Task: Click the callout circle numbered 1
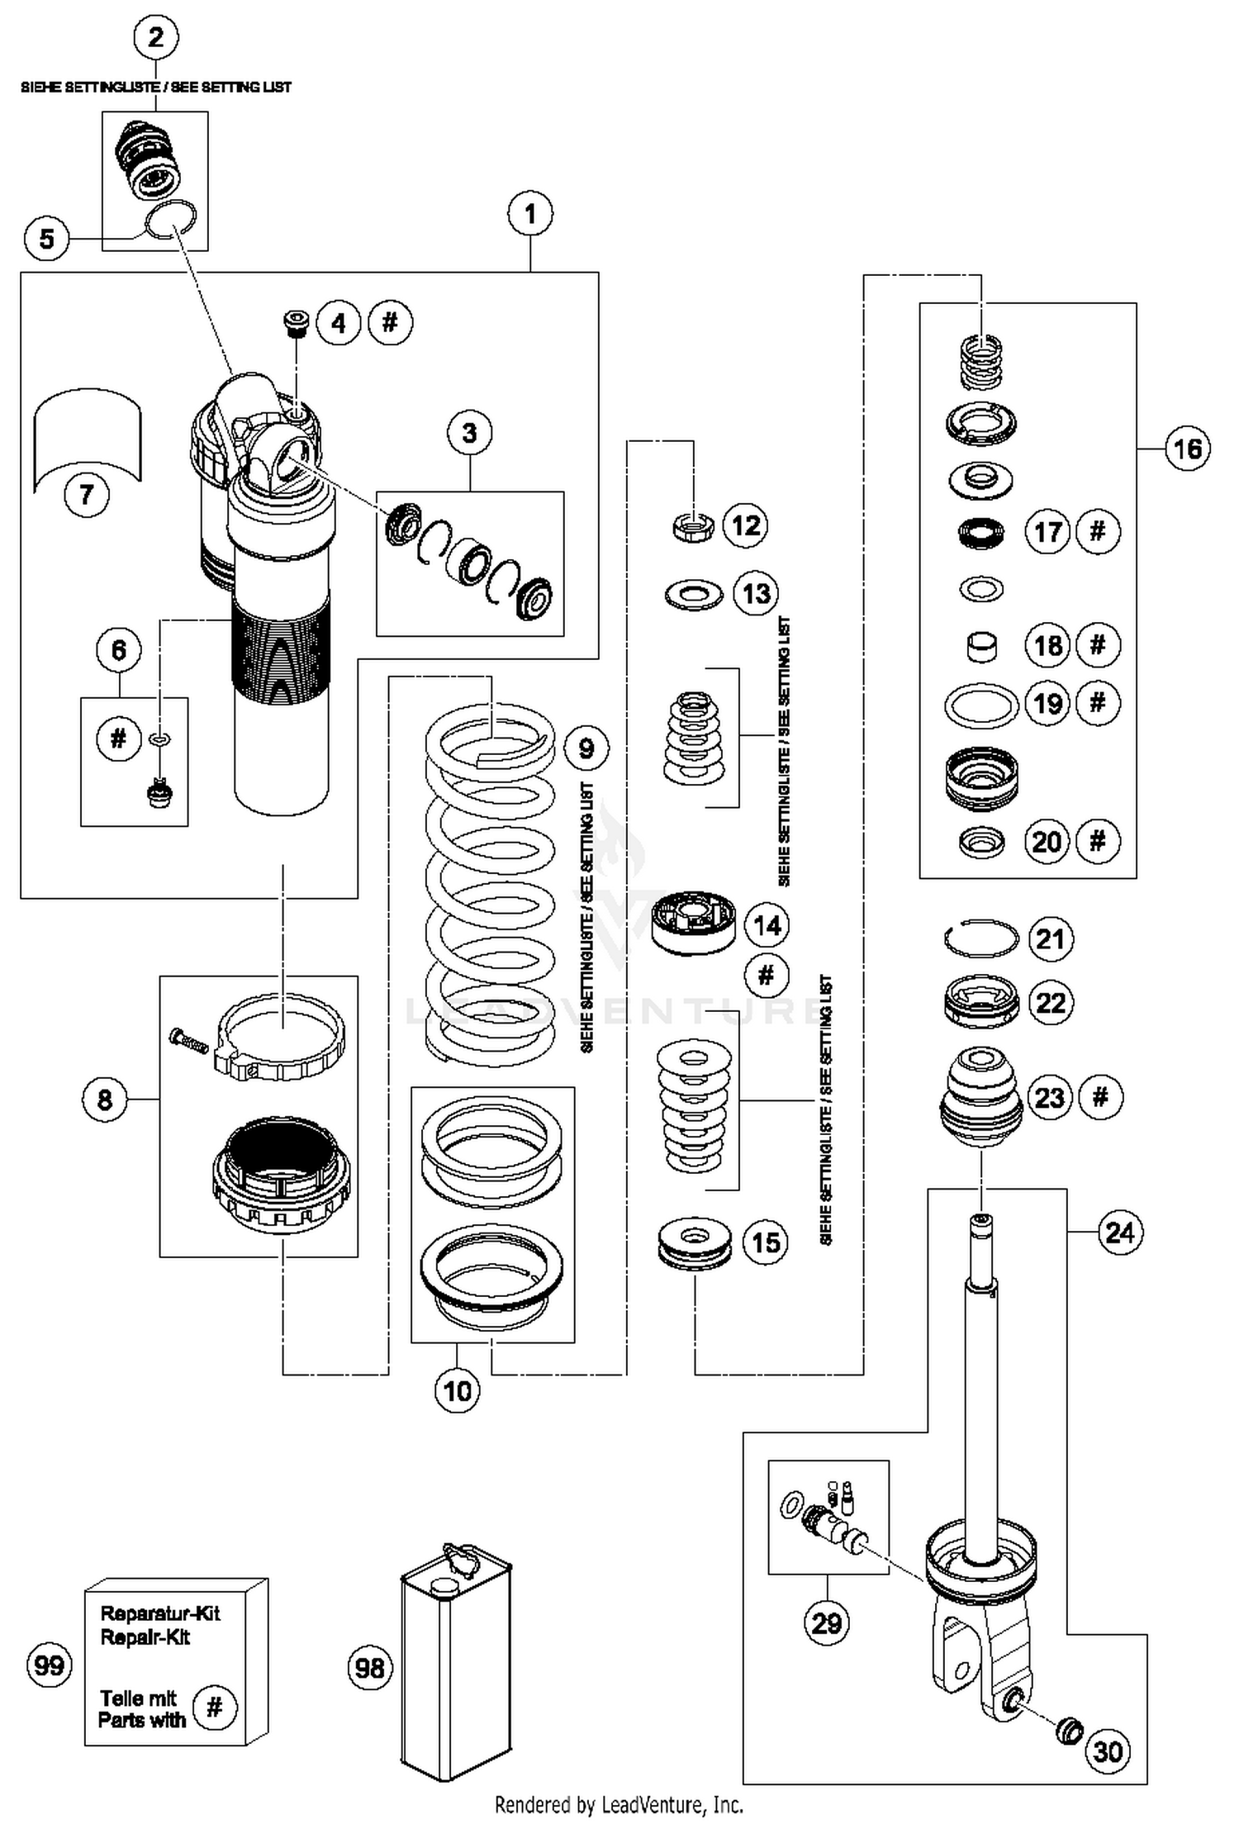529,214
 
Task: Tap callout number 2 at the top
155,36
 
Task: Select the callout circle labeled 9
586,748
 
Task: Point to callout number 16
1187,449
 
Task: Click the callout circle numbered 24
1119,1233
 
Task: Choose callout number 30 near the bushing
1107,1750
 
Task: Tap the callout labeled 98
369,1668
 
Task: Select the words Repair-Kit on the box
145,1636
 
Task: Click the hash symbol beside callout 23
1099,1097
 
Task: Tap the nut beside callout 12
694,525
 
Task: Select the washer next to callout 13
693,594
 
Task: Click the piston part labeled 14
694,921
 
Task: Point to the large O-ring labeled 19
981,706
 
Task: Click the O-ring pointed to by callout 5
171,221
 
